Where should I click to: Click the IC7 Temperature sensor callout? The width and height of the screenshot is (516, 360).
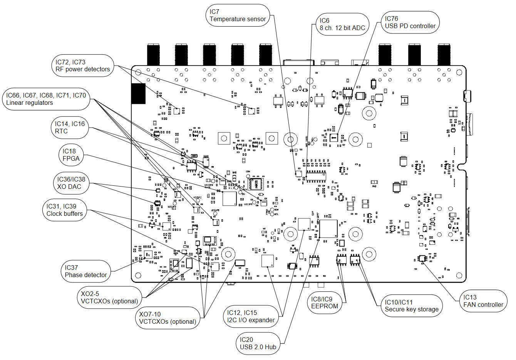[238, 15]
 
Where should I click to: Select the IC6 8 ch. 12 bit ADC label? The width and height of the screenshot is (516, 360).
[342, 24]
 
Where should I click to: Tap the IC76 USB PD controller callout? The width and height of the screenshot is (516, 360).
[410, 22]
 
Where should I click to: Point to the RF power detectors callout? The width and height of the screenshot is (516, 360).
[83, 66]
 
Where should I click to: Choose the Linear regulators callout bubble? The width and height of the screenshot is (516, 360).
[46, 99]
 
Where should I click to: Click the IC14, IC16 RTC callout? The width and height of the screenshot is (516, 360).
[70, 128]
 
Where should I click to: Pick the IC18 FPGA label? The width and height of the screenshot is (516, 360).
[71, 155]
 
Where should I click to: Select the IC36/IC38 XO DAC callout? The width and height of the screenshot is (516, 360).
[71, 183]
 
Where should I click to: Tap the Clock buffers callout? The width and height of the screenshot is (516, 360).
[65, 210]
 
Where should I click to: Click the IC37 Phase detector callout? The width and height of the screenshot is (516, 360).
[85, 271]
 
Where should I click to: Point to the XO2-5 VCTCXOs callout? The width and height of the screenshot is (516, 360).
[109, 298]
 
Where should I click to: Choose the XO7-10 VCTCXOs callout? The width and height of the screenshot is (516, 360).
[168, 318]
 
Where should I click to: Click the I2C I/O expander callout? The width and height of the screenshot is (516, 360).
[251, 316]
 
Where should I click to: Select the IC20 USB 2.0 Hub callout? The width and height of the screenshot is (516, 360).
[258, 343]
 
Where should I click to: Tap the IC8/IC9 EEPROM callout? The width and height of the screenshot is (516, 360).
[325, 303]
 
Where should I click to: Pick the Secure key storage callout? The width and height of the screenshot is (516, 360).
[412, 306]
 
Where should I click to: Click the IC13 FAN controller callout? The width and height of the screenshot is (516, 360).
[483, 301]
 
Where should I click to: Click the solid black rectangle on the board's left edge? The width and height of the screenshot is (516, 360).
[138, 94]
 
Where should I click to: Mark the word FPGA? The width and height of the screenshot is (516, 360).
[71, 158]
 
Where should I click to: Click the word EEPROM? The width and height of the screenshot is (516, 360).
[325, 306]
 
